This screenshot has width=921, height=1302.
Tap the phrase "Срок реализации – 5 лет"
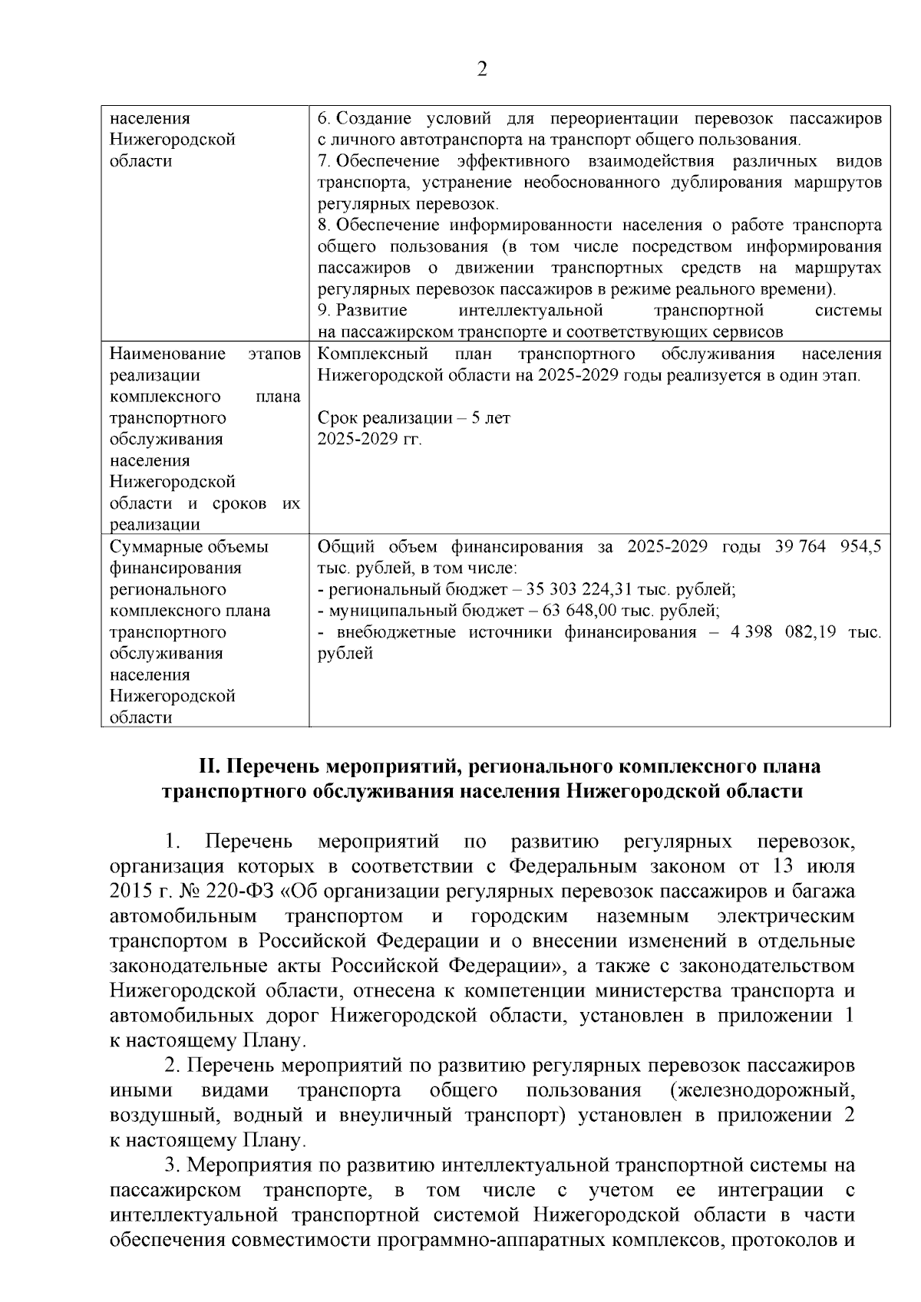coord(414,419)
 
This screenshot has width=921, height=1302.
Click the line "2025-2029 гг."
coord(370,440)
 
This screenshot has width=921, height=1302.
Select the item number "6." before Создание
coord(324,119)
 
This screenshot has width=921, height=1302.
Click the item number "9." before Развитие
coord(324,311)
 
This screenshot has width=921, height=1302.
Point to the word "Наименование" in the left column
coord(167,354)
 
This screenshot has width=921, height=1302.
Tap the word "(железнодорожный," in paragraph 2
coord(761,1091)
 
